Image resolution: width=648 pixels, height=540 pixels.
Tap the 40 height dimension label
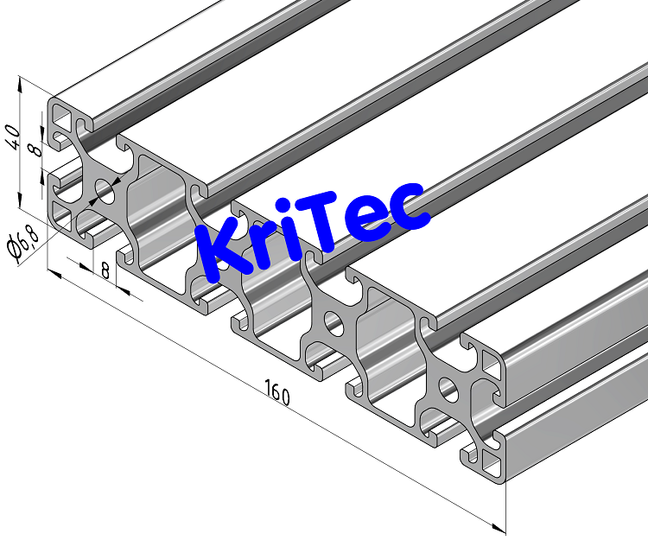click(x=12, y=137)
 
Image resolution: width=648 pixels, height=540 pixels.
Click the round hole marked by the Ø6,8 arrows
click(x=105, y=190)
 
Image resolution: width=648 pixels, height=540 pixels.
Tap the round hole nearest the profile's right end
click(x=449, y=387)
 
